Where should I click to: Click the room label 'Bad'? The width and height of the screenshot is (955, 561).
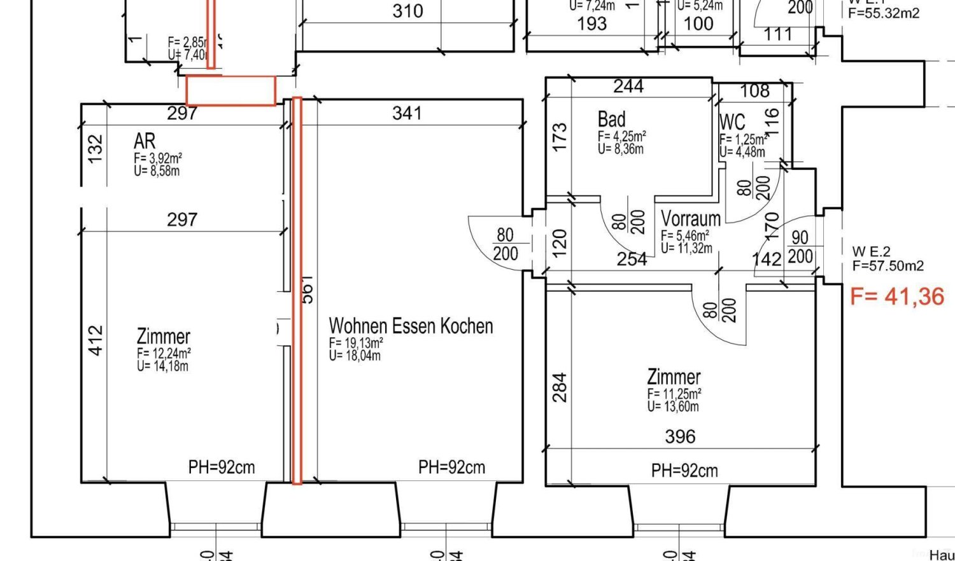pyautogui.click(x=611, y=120)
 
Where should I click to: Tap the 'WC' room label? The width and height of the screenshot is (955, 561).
pyautogui.click(x=732, y=121)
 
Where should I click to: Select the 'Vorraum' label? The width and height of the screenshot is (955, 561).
pyautogui.click(x=691, y=219)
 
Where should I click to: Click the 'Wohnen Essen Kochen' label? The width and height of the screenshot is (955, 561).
pyautogui.click(x=411, y=326)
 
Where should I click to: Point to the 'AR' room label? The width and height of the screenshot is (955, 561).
pyautogui.click(x=145, y=141)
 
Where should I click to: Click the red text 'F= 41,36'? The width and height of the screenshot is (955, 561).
pyautogui.click(x=897, y=296)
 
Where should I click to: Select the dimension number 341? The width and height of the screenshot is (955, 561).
pyautogui.click(x=407, y=113)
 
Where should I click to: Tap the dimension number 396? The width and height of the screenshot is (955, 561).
pyautogui.click(x=680, y=436)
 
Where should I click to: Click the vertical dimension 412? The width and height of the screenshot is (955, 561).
pyautogui.click(x=95, y=340)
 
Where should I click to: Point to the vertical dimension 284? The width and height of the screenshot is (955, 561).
pyautogui.click(x=560, y=387)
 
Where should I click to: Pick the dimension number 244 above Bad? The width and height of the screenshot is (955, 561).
pyautogui.click(x=628, y=87)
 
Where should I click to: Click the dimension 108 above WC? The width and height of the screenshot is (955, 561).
pyautogui.click(x=754, y=91)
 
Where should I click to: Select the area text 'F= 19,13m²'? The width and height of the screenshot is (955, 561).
pyautogui.click(x=356, y=343)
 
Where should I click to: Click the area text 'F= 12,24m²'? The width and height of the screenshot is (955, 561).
pyautogui.click(x=164, y=353)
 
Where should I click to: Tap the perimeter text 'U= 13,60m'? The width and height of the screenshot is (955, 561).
pyautogui.click(x=673, y=406)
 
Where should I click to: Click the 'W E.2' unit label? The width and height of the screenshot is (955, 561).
pyautogui.click(x=871, y=252)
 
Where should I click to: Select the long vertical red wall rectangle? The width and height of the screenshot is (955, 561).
pyautogui.click(x=297, y=290)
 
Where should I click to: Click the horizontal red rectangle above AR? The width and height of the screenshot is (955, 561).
pyautogui.click(x=230, y=91)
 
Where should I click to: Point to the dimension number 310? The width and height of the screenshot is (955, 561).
pyautogui.click(x=407, y=11)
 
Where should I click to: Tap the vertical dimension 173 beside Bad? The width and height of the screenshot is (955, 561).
pyautogui.click(x=560, y=137)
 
